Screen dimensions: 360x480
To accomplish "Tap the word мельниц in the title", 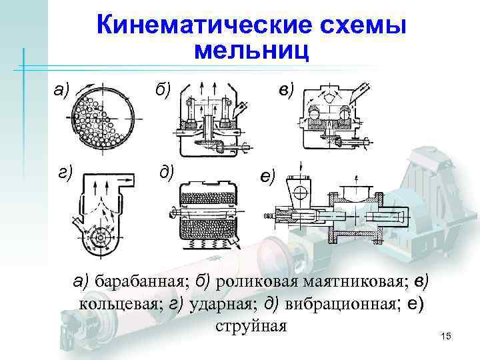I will (252, 51).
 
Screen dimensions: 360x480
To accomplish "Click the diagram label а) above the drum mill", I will (62, 88).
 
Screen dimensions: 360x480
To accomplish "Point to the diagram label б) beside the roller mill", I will (162, 88).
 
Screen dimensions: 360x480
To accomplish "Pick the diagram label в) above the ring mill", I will (288, 88).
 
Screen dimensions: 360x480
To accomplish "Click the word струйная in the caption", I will (251, 326).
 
